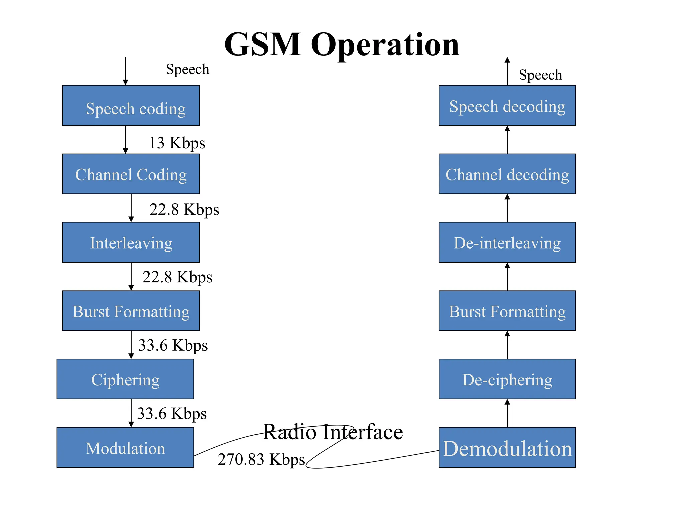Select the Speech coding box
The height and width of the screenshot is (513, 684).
pyautogui.click(x=131, y=106)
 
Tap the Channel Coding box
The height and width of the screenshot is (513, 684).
pyautogui.click(x=131, y=174)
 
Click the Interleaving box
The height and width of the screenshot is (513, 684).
pyautogui.click(x=131, y=242)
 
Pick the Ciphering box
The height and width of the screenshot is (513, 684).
pyautogui.click(x=125, y=379)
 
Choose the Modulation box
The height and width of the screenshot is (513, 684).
pyautogui.click(x=125, y=448)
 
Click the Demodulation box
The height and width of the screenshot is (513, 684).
pyautogui.click(x=507, y=448)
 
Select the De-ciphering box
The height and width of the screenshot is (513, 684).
pyautogui.click(x=507, y=379)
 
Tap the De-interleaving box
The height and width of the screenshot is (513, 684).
pyautogui.click(x=507, y=242)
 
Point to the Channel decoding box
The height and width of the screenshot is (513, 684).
pyautogui.click(x=507, y=174)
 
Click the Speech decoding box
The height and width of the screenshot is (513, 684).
pyautogui.click(x=507, y=106)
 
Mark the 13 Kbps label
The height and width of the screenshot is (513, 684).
pyautogui.click(x=177, y=143)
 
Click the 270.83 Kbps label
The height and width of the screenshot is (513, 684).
pyautogui.click(x=261, y=459)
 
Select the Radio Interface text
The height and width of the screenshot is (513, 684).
pyautogui.click(x=333, y=432)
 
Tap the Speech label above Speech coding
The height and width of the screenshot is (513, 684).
pyautogui.click(x=187, y=69)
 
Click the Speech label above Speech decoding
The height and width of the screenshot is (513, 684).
pyautogui.click(x=540, y=75)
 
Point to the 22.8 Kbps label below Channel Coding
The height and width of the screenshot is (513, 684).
pyautogui.click(x=184, y=210)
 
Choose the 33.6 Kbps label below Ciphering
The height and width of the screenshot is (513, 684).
pyautogui.click(x=172, y=414)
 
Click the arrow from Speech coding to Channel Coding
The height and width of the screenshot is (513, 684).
pyautogui.click(x=125, y=140)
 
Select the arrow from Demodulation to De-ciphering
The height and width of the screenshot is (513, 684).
pyautogui.click(x=507, y=413)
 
